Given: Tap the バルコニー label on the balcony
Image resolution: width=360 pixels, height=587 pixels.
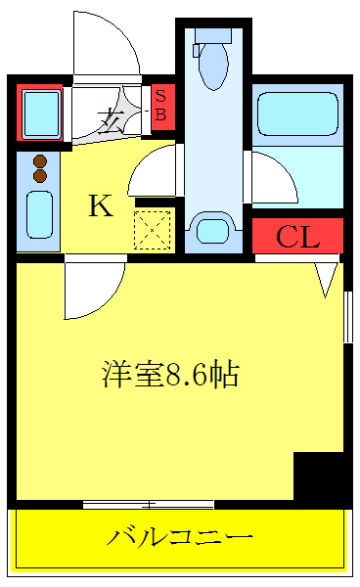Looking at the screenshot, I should (181, 537).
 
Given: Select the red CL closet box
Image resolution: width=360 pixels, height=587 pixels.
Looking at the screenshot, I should (297, 237).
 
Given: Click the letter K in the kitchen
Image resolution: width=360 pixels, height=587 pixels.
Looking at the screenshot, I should (100, 205).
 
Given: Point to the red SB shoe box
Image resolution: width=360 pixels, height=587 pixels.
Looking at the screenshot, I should (161, 106).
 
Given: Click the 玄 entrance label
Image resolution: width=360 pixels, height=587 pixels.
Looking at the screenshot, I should (109, 121).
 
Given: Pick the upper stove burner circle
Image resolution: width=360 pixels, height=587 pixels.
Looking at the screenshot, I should (40, 161).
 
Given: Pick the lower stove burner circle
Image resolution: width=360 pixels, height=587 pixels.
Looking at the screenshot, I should (40, 175).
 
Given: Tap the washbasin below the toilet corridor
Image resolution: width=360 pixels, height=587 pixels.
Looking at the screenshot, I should (211, 231).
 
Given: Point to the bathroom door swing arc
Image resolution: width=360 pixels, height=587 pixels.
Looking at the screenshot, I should (271, 178).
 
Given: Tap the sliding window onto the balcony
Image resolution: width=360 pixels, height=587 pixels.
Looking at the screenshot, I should (149, 505).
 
